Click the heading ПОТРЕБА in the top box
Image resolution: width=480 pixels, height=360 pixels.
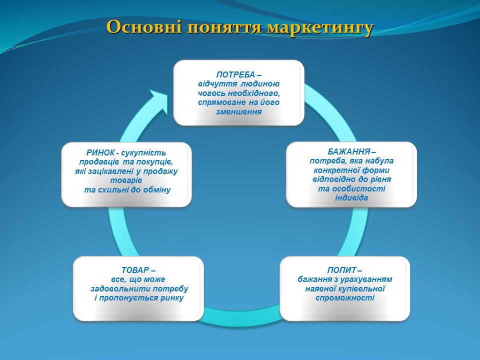235,74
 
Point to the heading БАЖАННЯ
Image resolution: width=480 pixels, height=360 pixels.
349,152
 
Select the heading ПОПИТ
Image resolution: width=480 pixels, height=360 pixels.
341,270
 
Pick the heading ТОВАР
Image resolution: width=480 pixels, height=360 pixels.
135,270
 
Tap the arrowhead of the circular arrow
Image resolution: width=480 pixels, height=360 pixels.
157,101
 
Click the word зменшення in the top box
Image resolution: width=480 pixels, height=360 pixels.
239,111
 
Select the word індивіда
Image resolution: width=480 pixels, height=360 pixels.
351,198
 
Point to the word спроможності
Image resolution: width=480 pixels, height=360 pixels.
345,298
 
